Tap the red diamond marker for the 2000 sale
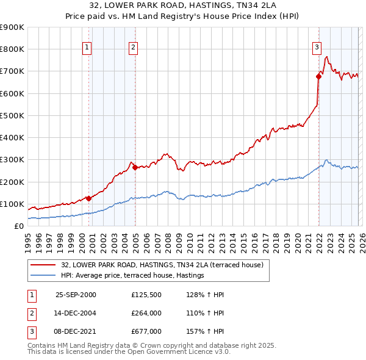pyautogui.click(x=88, y=198)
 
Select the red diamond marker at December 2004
pyautogui.click(x=135, y=167)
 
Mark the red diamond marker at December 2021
pyautogui.click(x=318, y=76)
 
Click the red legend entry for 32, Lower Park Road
pyautogui.click(x=162, y=265)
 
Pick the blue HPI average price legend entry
pyautogui.click(x=132, y=276)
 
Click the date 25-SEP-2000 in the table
pyautogui.click(x=76, y=295)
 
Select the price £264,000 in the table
pyautogui.click(x=146, y=313)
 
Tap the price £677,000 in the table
pyautogui.click(x=146, y=331)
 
